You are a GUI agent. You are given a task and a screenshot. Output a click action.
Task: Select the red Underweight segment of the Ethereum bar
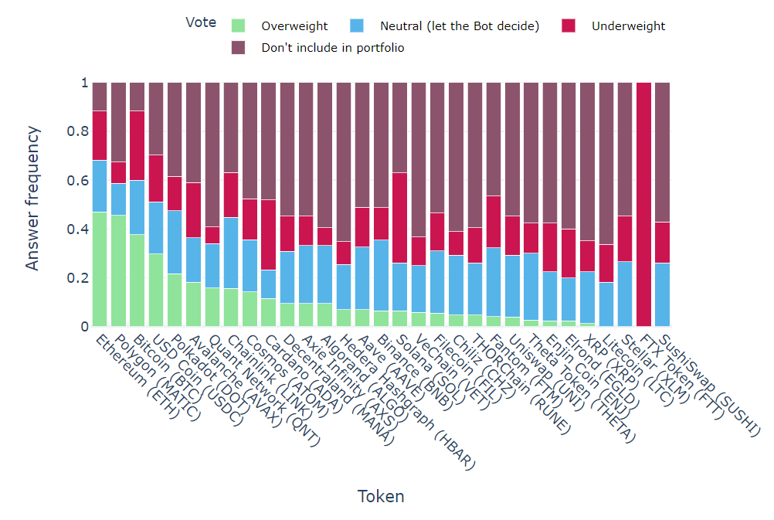point(99,135)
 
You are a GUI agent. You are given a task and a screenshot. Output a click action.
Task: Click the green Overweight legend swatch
point(239,26)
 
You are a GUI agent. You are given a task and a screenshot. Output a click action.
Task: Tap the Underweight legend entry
point(628,26)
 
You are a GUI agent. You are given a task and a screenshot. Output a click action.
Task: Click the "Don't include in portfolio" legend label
point(333,48)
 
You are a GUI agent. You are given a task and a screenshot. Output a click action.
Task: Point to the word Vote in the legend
point(201,22)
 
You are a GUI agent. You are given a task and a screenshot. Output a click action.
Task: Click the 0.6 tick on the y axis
point(74,181)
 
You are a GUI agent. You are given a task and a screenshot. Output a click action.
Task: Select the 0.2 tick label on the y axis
point(74,278)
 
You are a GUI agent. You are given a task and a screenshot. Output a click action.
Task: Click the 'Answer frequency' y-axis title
point(32,205)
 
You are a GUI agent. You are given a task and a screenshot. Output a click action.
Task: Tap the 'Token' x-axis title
point(381,496)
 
